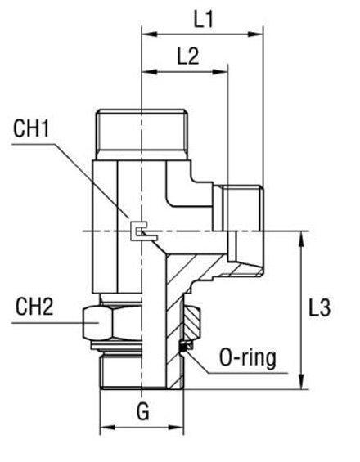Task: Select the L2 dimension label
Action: [187, 56]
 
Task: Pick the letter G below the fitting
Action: [142, 412]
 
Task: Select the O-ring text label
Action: [248, 357]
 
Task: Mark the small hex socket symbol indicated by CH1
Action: [141, 234]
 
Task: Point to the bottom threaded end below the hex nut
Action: [139, 373]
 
